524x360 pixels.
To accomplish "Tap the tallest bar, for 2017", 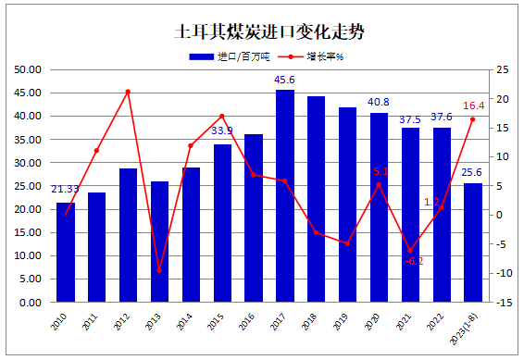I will point(285,195).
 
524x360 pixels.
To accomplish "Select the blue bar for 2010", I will point(66,252).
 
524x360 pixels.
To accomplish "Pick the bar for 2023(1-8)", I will point(473,242).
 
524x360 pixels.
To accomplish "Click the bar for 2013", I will point(160,242).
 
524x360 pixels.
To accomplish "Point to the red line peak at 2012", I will point(128,92).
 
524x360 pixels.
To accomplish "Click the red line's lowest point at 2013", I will point(159,271).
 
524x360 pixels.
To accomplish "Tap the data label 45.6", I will point(285,81).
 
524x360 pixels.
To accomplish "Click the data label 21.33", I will point(65,190).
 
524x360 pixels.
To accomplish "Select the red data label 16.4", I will point(474,106).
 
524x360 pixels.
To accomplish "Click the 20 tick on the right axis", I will point(501,99).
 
